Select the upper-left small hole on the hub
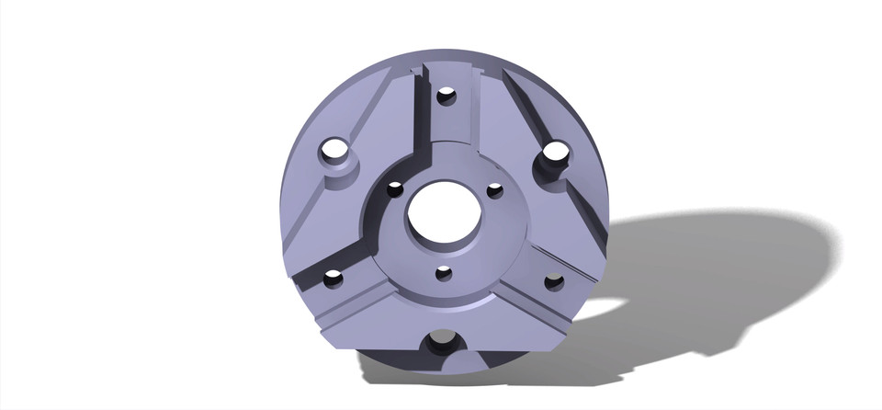click(x=395, y=189)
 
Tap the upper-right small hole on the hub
click(x=495, y=190)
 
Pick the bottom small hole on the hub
click(x=444, y=273)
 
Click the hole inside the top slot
click(x=447, y=96)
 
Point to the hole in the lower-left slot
click(x=333, y=277)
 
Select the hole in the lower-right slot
click(x=554, y=282)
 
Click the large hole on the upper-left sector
click(x=335, y=150)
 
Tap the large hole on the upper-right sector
click(x=554, y=154)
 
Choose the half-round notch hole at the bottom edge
click(x=442, y=344)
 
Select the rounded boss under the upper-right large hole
click(x=548, y=175)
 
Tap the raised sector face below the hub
click(x=441, y=313)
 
